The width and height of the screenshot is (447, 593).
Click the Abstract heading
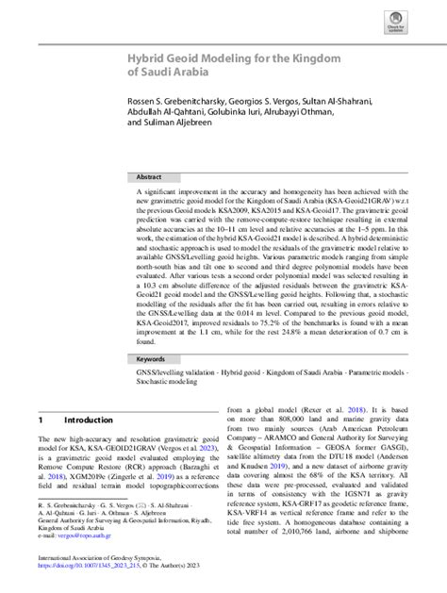pos(149,176)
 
